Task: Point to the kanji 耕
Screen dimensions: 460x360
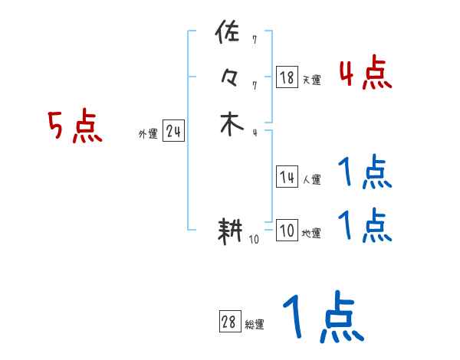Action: point(231,231)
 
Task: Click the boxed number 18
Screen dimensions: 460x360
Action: point(287,77)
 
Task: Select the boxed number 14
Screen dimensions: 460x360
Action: point(287,178)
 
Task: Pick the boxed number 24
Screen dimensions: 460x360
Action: point(173,132)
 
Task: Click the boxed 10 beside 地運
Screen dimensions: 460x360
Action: point(287,231)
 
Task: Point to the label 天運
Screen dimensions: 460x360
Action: point(312,80)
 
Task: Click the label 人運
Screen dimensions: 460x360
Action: point(312,181)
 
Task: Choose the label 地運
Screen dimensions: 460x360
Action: point(312,234)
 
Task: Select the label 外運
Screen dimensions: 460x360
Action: point(148,134)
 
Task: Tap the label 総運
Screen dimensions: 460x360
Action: point(255,325)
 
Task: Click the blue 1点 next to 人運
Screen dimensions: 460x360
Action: point(365,173)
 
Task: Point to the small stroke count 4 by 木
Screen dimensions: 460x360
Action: point(255,133)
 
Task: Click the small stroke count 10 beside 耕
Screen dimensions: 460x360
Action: point(255,240)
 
